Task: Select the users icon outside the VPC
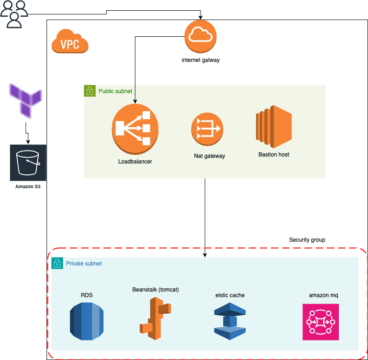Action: (x=13, y=14)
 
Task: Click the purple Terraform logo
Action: (x=26, y=99)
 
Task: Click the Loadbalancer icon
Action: (x=135, y=129)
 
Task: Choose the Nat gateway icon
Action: (x=207, y=131)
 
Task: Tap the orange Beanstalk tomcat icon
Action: (x=155, y=317)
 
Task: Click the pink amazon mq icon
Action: (x=321, y=322)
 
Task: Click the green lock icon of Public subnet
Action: (x=89, y=91)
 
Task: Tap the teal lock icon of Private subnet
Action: (x=57, y=263)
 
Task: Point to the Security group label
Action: (x=307, y=240)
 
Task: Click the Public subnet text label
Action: (x=115, y=91)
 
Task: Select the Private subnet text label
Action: (x=84, y=264)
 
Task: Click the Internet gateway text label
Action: (x=201, y=60)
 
